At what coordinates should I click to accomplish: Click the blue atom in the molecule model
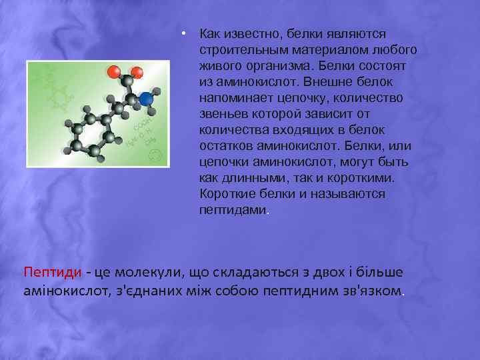coord(146,100)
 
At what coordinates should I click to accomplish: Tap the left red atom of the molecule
coord(114,71)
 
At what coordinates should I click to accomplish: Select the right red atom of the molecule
coord(137,71)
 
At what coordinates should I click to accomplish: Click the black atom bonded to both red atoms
coord(125,85)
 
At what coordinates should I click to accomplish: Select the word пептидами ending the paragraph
coord(232,210)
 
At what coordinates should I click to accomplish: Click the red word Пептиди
coord(53,273)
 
